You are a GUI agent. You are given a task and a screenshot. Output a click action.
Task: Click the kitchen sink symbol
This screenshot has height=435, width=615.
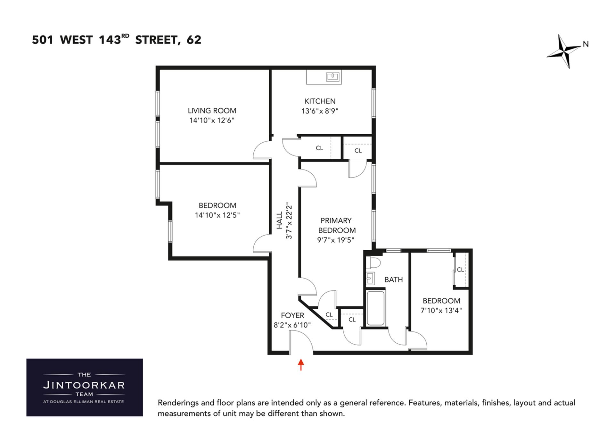coord(333,77)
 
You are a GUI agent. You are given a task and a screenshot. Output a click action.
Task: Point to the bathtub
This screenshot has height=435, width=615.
coord(375,308)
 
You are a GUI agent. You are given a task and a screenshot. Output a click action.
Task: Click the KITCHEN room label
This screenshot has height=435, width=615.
coord(320,101)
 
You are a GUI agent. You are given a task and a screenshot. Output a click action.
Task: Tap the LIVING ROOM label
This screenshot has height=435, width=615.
coord(212,111)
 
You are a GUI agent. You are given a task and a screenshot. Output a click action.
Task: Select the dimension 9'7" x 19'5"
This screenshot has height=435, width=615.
coord(336,240)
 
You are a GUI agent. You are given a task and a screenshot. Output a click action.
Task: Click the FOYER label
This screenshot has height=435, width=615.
coord(292,315)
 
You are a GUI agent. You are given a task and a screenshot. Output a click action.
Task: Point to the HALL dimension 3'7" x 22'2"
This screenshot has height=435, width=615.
coord(289,220)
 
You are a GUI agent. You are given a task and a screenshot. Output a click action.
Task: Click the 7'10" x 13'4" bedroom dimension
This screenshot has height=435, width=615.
coord(441,310)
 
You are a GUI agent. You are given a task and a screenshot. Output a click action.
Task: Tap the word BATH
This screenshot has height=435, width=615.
coord(393,280)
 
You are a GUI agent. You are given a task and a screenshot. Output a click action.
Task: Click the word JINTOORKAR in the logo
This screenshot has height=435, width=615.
coord(84,385)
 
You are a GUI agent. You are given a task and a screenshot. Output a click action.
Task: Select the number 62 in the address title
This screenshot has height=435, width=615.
coord(194,40)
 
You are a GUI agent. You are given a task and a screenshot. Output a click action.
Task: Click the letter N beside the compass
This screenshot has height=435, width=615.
coord(586,44)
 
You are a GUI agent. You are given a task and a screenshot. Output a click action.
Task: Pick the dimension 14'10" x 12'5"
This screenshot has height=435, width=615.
coord(217,215)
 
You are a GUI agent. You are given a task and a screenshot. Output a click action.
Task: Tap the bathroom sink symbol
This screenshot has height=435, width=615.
coord(370,278)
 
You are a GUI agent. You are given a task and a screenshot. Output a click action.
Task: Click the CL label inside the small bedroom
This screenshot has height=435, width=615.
coord(460,270)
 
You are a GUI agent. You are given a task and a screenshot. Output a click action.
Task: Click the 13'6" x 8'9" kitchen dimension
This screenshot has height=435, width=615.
coord(320,111)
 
